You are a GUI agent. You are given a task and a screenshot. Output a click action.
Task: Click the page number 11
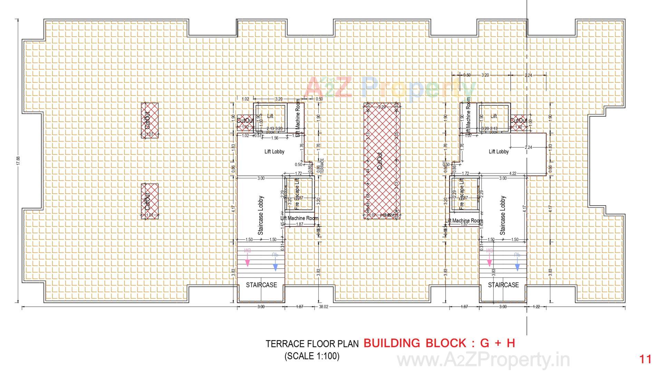pos(645,359)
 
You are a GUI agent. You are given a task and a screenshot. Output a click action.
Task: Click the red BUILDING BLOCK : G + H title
pos(439,343)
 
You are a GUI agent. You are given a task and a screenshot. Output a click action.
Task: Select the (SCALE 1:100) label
pos(312,356)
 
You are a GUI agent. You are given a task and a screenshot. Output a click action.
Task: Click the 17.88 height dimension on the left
pos(18,161)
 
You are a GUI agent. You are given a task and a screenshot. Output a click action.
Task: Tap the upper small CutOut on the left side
pos(150,120)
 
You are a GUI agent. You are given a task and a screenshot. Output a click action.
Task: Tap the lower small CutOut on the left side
pos(150,201)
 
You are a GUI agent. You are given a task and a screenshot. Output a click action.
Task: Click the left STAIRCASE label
pos(261,285)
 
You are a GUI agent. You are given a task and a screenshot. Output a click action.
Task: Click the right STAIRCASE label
pos(503,285)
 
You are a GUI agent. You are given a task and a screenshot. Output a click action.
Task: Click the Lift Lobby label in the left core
pos(274,152)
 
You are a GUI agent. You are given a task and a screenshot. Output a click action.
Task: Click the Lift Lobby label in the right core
pos(499,152)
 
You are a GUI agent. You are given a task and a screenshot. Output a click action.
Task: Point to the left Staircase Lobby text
pos(261,215)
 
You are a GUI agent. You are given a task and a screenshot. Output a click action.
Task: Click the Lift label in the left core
pos(270,116)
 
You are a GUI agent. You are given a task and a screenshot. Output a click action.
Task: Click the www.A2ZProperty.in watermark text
pos(483,360)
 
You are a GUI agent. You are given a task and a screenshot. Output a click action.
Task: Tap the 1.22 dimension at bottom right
pos(536,307)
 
